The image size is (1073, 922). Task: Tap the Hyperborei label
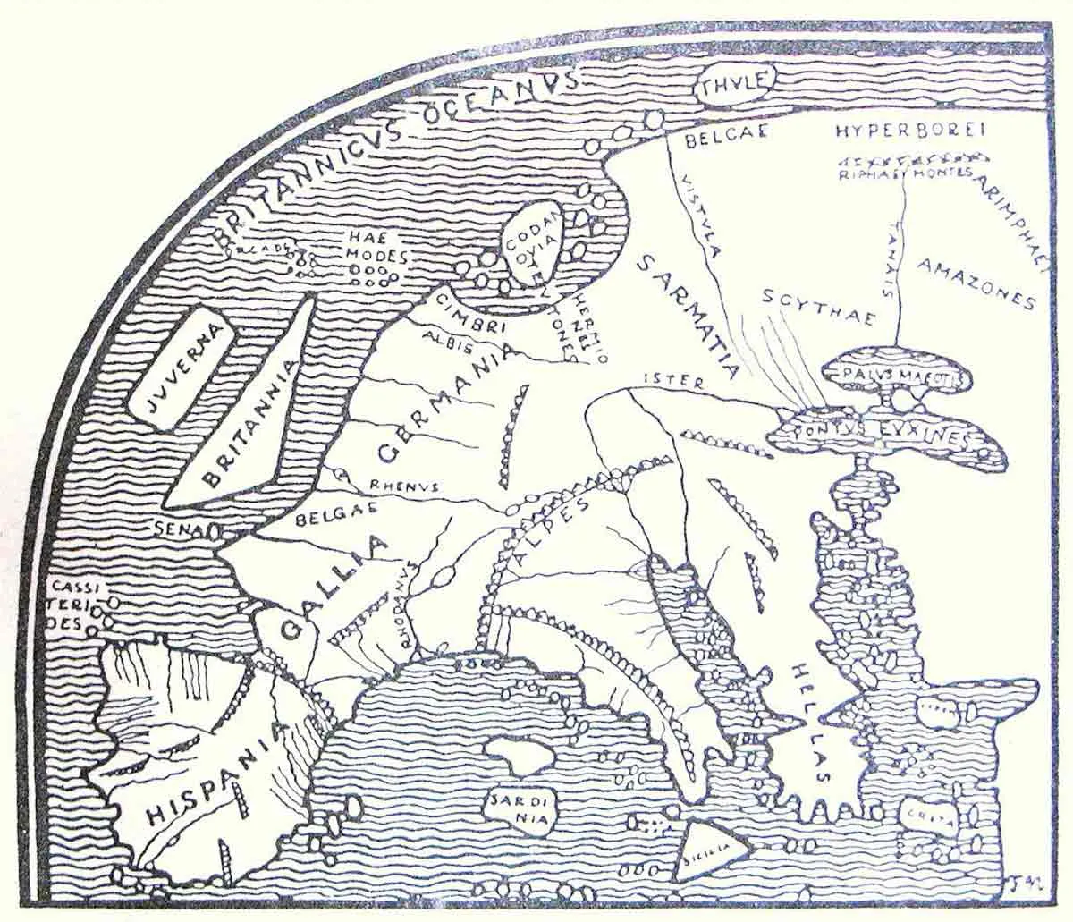point(908,131)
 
